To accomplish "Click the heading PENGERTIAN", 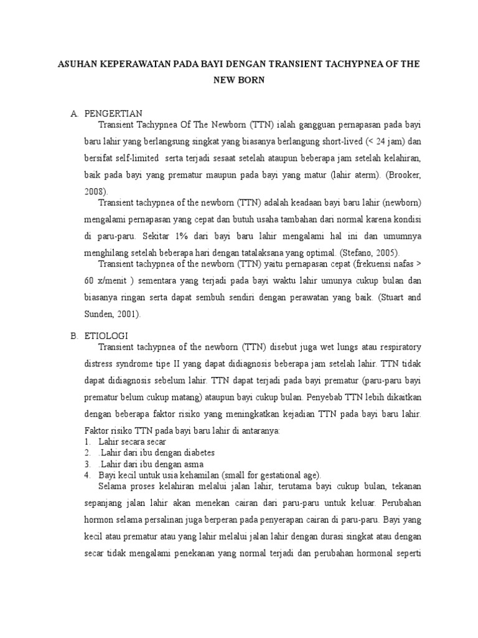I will coord(116,113).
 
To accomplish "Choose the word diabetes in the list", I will coord(192,453).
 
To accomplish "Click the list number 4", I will coord(88,475).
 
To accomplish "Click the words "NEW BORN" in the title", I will coord(239,80).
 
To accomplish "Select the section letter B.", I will coord(73,335).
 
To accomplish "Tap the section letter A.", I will coord(73,113).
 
